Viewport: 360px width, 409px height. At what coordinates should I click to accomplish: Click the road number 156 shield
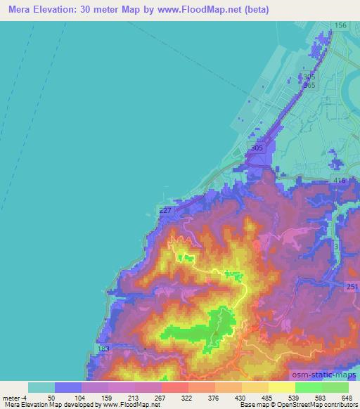pos(340,25)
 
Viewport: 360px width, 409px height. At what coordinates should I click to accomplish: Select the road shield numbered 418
pos(340,181)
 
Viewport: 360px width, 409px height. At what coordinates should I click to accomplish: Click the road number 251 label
pos(352,286)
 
